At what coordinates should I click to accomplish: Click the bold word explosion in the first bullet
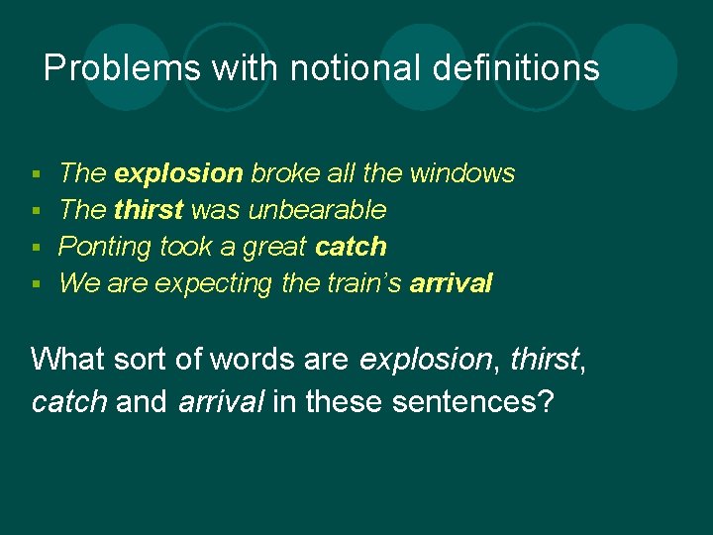pyautogui.click(x=178, y=173)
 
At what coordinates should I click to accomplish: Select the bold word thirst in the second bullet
pyautogui.click(x=149, y=210)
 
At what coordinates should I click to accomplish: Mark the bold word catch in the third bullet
pyautogui.click(x=351, y=247)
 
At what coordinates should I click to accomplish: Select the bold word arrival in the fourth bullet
pyautogui.click(x=451, y=283)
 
